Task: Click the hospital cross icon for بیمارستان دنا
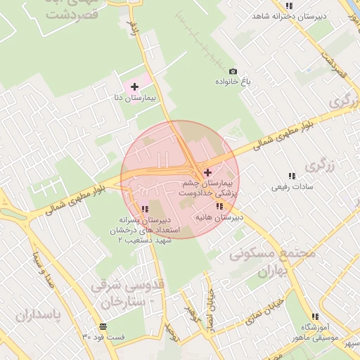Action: pyautogui.click(x=134, y=86)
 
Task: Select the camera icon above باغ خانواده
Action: pyautogui.click(x=233, y=71)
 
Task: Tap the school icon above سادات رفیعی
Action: pyautogui.click(x=292, y=176)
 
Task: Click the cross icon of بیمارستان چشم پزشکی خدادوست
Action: pyautogui.click(x=207, y=172)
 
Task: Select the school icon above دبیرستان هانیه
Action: pyautogui.click(x=219, y=206)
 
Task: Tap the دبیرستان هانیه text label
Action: pyautogui.click(x=219, y=218)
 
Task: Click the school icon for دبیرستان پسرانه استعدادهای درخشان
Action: pyautogui.click(x=144, y=209)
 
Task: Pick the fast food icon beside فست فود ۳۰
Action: pyautogui.click(x=103, y=326)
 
